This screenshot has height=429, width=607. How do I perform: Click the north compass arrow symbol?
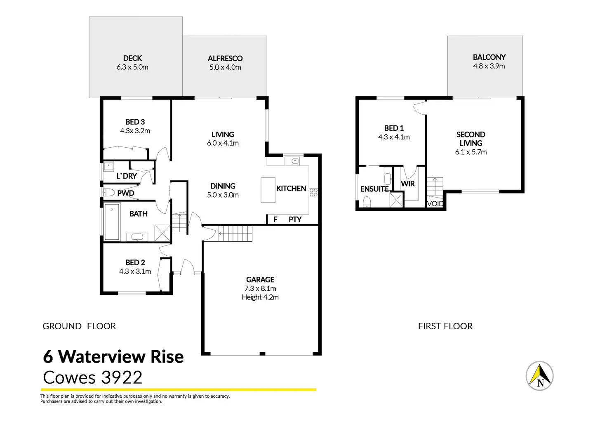point(539,376)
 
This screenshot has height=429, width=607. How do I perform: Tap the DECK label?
point(132,58)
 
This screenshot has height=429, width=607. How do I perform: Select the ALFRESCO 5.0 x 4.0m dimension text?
point(225,67)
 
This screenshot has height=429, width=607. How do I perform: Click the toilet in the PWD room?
point(109,192)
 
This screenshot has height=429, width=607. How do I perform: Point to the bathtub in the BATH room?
point(112,222)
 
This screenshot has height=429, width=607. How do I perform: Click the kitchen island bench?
point(268,190)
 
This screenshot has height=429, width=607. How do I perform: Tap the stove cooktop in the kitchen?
point(313,192)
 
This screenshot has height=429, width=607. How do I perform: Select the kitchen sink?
point(295,161)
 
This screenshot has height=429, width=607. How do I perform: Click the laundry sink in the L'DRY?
point(109,166)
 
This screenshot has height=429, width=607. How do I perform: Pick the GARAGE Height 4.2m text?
point(260,297)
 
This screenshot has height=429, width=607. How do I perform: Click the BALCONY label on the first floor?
point(489,57)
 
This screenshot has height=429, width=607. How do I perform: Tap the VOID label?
point(435,203)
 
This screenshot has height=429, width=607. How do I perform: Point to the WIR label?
point(407,184)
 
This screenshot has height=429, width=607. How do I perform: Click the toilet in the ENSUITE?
point(367,202)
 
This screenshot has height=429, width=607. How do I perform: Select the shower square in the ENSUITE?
point(396,200)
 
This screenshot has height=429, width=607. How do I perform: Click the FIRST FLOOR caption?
point(445,326)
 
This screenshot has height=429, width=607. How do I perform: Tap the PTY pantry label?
point(295,219)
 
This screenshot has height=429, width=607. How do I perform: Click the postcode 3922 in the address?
point(121,377)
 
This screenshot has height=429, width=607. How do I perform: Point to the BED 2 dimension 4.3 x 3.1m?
point(135,271)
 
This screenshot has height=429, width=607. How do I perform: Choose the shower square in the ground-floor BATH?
point(162,233)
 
